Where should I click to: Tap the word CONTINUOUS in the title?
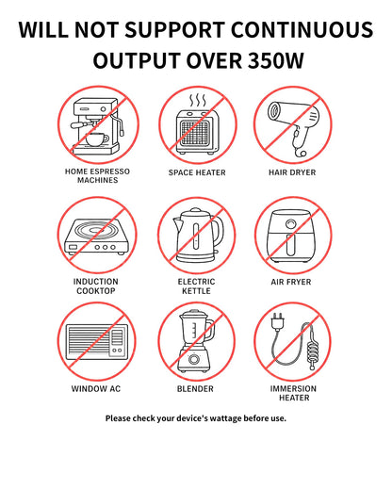(x=302, y=30)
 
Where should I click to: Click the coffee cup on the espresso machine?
(x=96, y=139)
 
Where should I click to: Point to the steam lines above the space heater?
(x=197, y=100)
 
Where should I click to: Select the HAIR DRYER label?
(x=292, y=172)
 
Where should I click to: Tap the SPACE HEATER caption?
(x=197, y=172)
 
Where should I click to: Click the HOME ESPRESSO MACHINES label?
(x=97, y=175)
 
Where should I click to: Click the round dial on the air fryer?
(x=290, y=224)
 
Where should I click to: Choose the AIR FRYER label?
(x=291, y=282)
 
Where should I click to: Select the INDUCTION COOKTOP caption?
(x=96, y=286)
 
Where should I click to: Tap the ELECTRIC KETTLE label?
(x=196, y=286)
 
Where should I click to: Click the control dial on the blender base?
(x=193, y=359)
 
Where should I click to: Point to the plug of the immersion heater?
(x=278, y=321)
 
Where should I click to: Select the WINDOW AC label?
(x=96, y=389)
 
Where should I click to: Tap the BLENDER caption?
(x=195, y=389)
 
